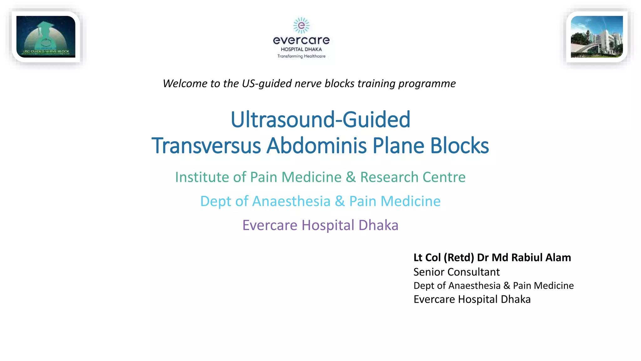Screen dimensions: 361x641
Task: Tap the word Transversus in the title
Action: [x=206, y=146]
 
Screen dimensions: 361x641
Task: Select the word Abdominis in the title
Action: [x=316, y=146]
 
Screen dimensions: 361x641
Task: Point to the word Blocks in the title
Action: [x=459, y=146]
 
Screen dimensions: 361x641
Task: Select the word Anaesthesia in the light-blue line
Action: [x=291, y=201]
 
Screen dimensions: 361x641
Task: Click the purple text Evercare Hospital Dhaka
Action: [x=320, y=225]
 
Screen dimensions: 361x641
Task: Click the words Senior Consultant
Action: [x=456, y=272]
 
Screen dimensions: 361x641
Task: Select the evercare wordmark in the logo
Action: [x=301, y=40]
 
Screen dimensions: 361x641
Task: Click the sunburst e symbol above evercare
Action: [x=301, y=25]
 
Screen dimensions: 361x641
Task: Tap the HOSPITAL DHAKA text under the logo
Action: [x=301, y=49]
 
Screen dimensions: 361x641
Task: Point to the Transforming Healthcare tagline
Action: [x=301, y=56]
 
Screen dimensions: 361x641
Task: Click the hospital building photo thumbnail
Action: [x=597, y=37]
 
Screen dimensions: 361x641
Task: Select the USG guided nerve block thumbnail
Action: [x=46, y=37]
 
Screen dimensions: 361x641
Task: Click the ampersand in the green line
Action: [x=351, y=177]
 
